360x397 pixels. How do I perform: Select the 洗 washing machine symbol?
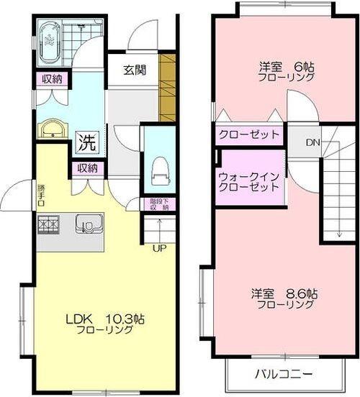(86, 142)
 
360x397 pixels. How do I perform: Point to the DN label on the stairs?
(312, 142)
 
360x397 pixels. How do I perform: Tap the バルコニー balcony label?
(282, 374)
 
